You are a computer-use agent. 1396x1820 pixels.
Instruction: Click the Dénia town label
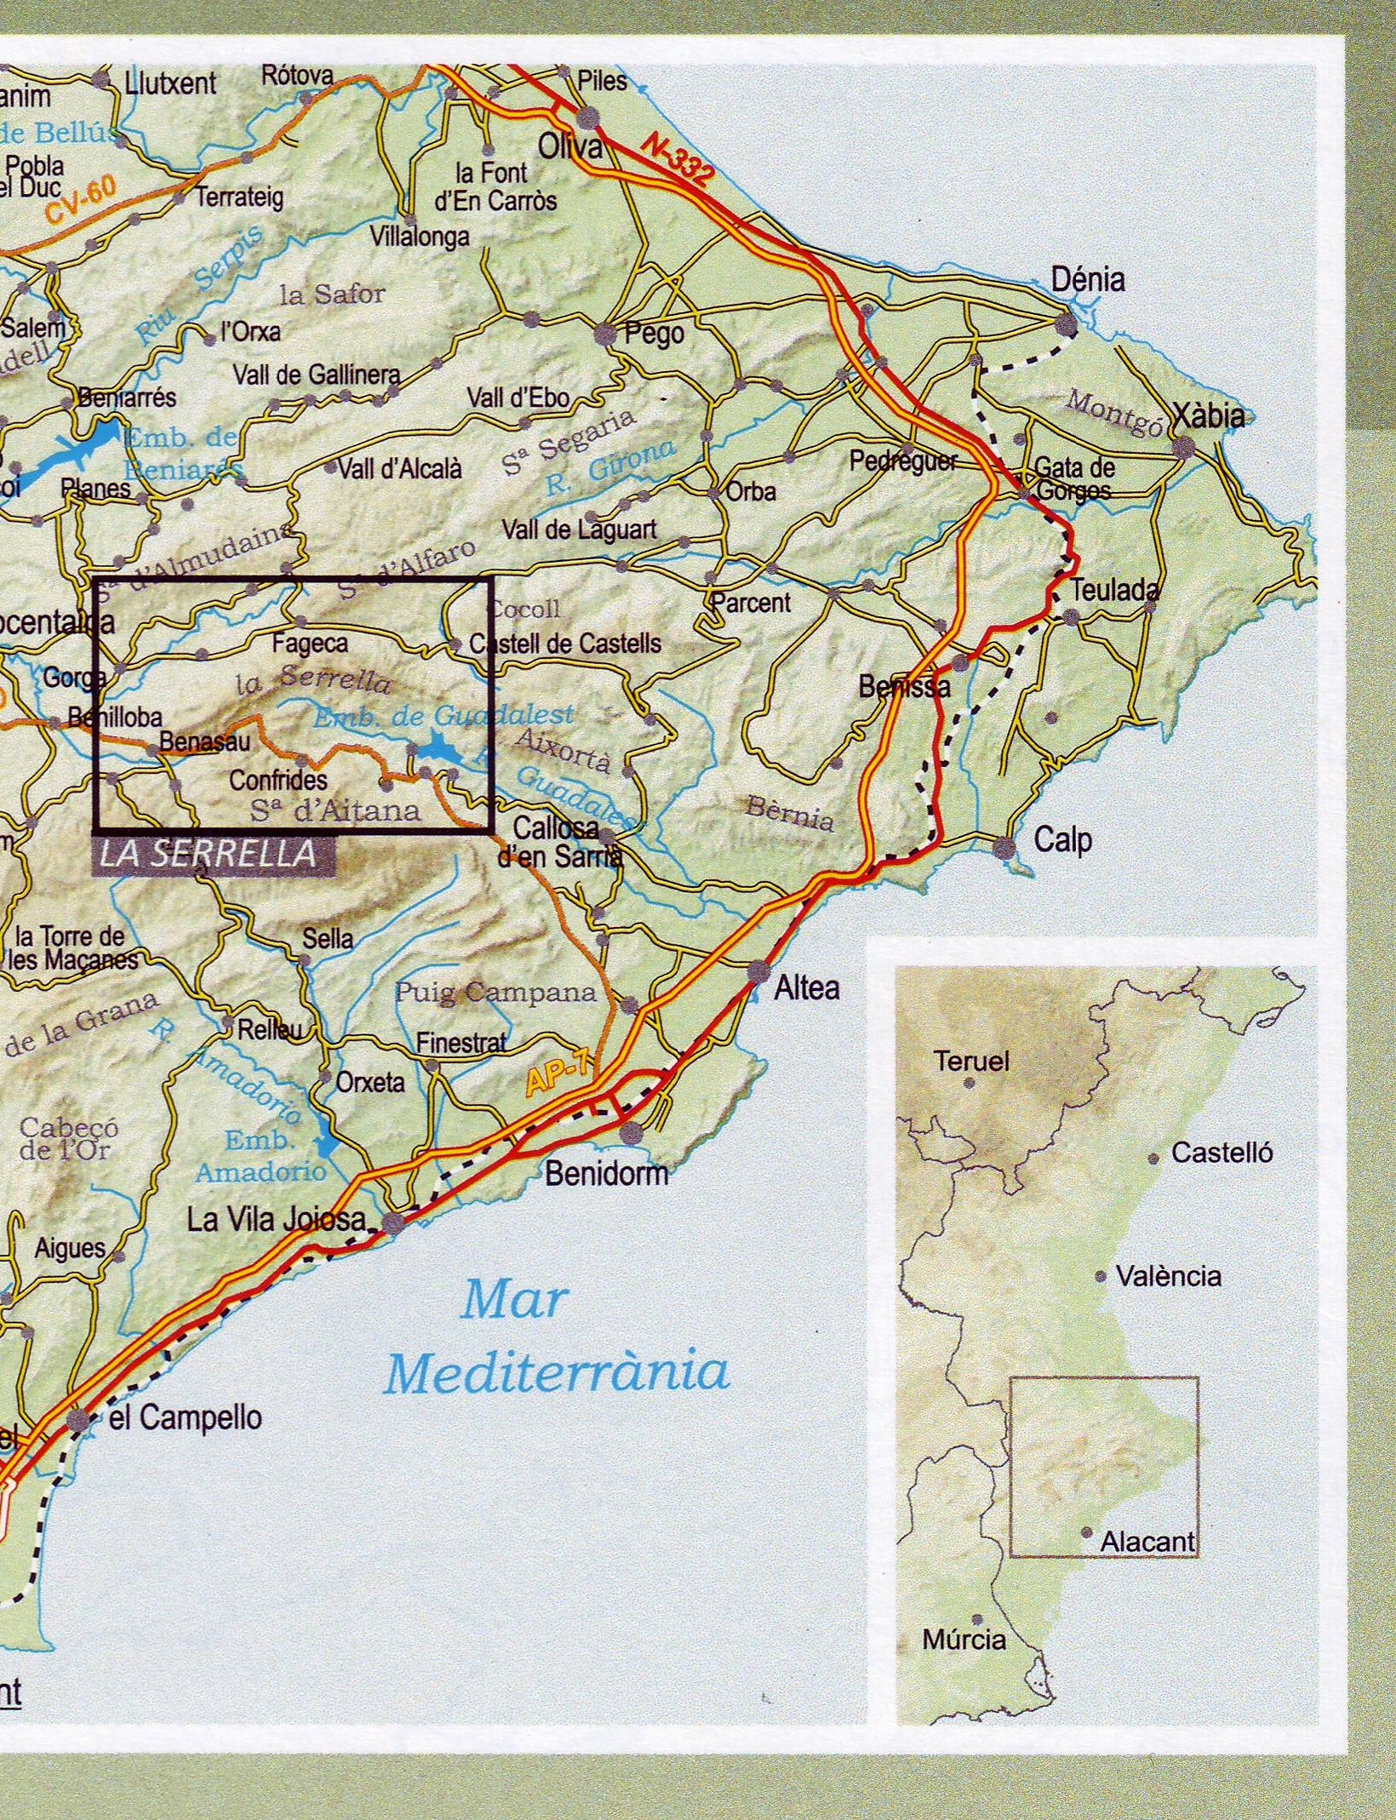pyautogui.click(x=1087, y=280)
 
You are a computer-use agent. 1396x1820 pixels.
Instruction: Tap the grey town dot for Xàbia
pyautogui.click(x=1182, y=449)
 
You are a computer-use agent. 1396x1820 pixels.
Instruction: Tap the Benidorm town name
pyautogui.click(x=606, y=1175)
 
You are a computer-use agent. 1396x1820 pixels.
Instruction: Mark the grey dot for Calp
pyautogui.click(x=1004, y=847)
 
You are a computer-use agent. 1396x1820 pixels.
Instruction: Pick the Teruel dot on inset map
pyautogui.click(x=969, y=1083)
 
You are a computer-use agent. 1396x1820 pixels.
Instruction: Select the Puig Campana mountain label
pyautogui.click(x=495, y=993)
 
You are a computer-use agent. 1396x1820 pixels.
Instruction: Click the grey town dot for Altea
pyautogui.click(x=758, y=972)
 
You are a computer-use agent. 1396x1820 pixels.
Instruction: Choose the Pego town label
pyautogui.click(x=654, y=334)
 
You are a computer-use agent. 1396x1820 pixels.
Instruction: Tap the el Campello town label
pyautogui.click(x=185, y=1417)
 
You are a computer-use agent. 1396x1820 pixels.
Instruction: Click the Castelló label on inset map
pyautogui.click(x=1221, y=1153)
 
